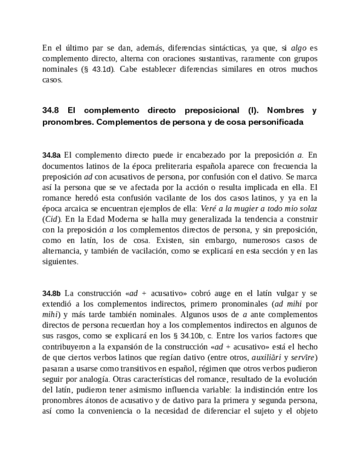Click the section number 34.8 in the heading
[51, 110]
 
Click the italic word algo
[298, 48]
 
